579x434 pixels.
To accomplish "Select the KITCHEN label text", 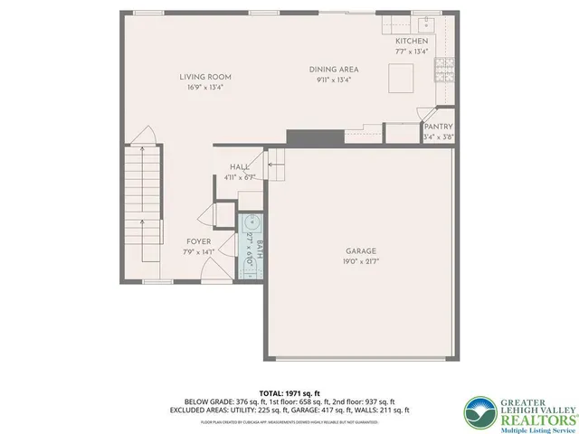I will [x=412, y=42].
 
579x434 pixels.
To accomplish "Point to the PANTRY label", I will [x=439, y=127].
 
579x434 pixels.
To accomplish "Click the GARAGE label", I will [x=360, y=251].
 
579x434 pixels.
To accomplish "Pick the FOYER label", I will [x=199, y=241].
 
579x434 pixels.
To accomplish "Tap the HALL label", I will [x=240, y=167].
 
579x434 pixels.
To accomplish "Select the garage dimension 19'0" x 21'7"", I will [x=360, y=260].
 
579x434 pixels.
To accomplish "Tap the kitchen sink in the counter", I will [x=425, y=23].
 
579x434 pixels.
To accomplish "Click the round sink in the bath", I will [x=250, y=223].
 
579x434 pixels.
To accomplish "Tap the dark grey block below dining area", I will [x=315, y=137].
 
